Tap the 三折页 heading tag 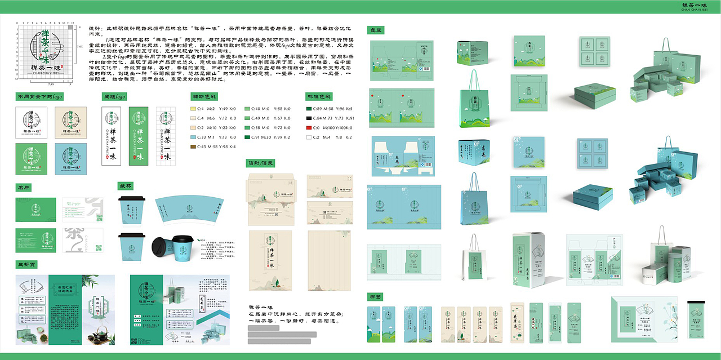point(26,264)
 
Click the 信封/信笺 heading point(261,163)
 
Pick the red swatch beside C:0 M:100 point(308,127)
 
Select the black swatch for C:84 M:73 point(308,118)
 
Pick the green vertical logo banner point(138,136)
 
